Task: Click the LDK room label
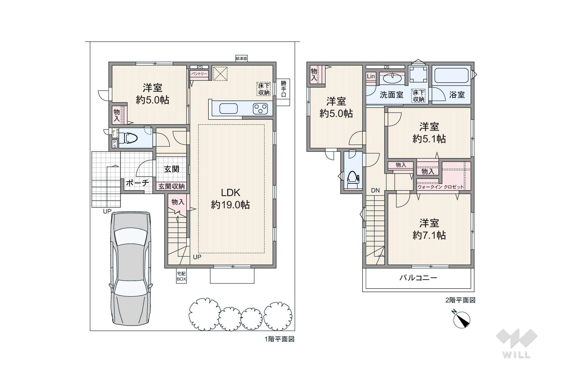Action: click(x=230, y=193)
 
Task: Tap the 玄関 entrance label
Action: click(x=172, y=169)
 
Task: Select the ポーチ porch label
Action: click(x=137, y=183)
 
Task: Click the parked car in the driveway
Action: click(x=131, y=269)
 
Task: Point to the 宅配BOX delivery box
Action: click(x=181, y=277)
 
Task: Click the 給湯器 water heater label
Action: click(x=241, y=58)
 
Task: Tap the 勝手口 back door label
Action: click(x=283, y=89)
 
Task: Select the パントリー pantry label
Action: click(x=199, y=74)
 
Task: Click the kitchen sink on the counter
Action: click(x=228, y=109)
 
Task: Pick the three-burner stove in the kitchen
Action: click(x=260, y=109)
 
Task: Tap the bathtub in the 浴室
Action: click(x=452, y=76)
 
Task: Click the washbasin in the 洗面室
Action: click(x=392, y=78)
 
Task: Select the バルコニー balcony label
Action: click(x=418, y=278)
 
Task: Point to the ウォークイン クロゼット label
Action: click(x=441, y=187)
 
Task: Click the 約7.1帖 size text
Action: click(x=429, y=235)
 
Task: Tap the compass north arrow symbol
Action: click(x=461, y=319)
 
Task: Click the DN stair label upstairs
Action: click(x=376, y=190)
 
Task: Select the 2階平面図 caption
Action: click(x=460, y=300)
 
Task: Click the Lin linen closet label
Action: click(x=371, y=76)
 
